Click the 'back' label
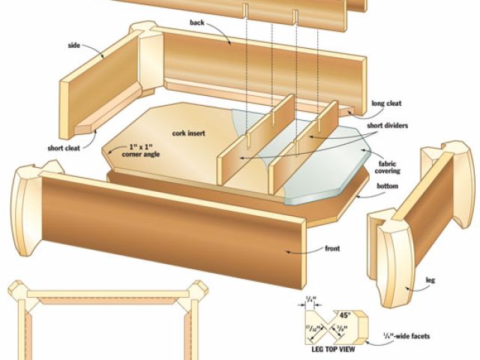point(196,23)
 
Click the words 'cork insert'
point(190,133)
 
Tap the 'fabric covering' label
point(388,166)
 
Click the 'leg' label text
point(430,280)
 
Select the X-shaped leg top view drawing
point(329,326)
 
